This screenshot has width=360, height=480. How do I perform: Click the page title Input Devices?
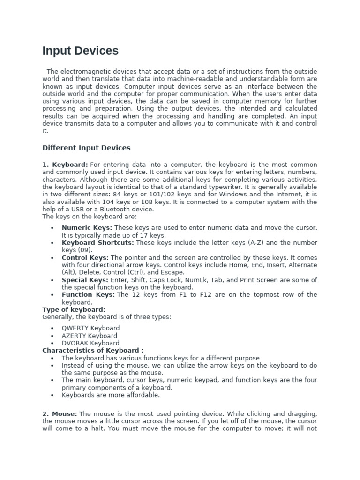click(x=80, y=51)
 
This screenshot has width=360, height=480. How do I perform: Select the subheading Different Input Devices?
click(x=86, y=148)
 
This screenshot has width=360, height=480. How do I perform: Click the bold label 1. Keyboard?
click(x=65, y=165)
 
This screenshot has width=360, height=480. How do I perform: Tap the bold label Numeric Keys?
click(x=87, y=228)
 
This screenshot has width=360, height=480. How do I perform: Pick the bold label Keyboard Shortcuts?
click(x=97, y=243)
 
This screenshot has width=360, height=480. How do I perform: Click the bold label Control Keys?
click(x=85, y=258)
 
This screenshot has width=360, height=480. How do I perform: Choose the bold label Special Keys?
click(x=85, y=280)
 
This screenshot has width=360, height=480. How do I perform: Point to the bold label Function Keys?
click(x=88, y=295)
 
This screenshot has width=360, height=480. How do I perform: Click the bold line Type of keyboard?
click(x=74, y=310)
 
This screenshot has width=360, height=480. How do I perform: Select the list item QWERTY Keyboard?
click(x=90, y=328)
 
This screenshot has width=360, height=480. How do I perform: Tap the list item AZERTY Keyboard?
click(x=90, y=336)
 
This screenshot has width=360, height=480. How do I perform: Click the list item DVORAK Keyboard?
click(x=90, y=343)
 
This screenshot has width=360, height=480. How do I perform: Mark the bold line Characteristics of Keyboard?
click(x=92, y=351)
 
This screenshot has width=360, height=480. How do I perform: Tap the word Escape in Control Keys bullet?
click(x=173, y=272)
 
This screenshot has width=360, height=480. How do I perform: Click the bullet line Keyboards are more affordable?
click(x=111, y=395)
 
